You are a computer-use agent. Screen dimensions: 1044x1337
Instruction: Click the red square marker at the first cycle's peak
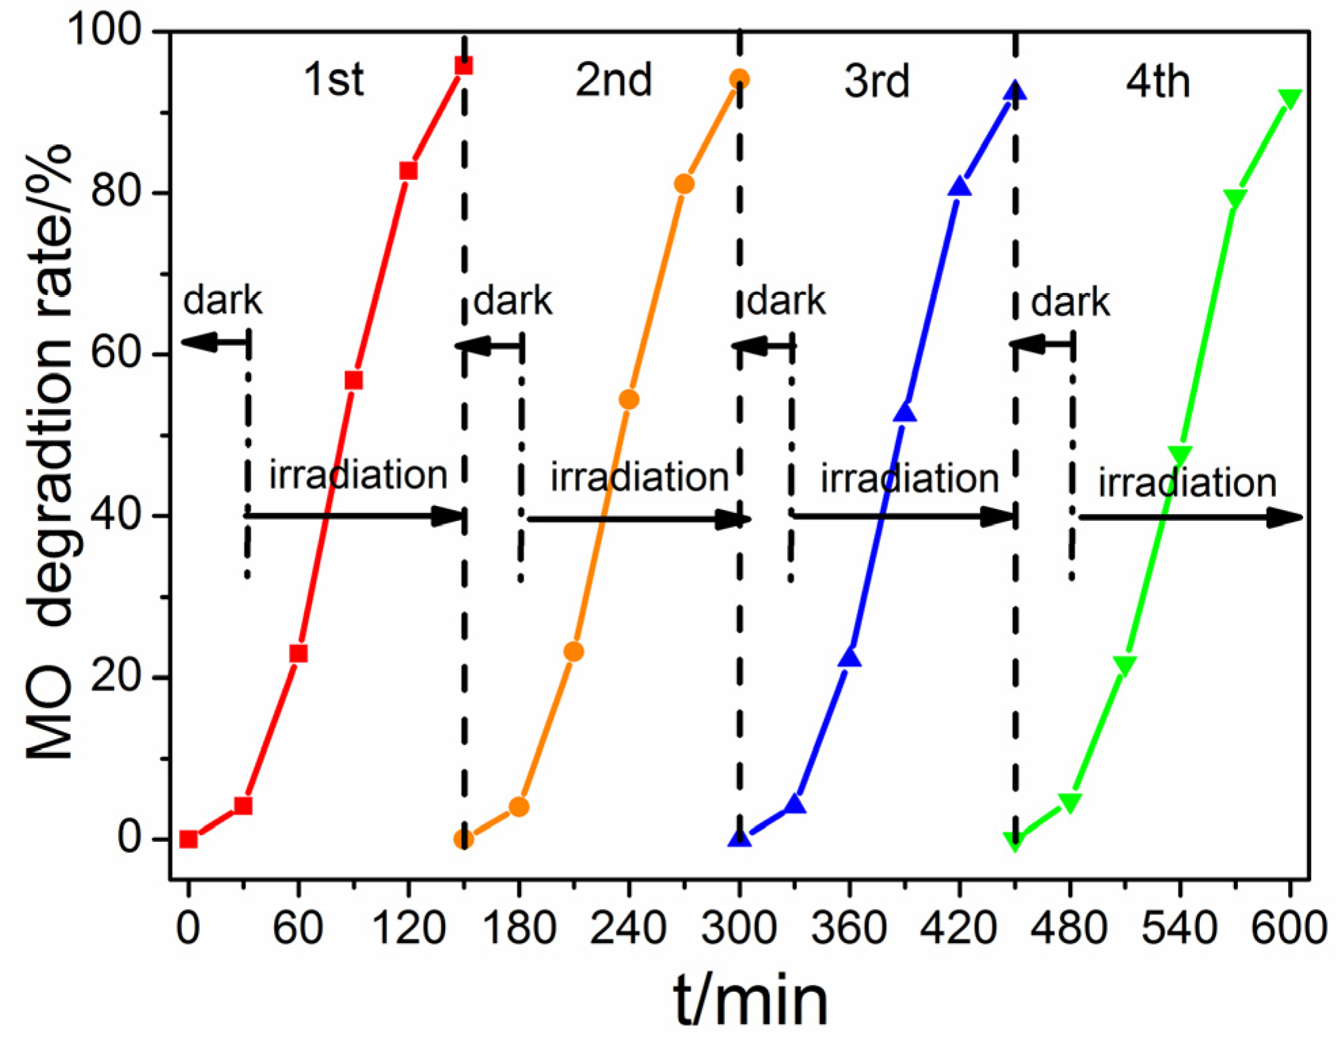pos(463,66)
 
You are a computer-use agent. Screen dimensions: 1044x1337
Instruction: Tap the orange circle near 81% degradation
pos(684,184)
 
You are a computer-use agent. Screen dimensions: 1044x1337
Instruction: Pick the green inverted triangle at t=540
pos(1180,455)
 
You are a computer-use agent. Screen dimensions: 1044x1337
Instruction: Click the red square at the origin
pos(189,839)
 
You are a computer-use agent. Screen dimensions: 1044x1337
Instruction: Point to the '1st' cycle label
pos(333,79)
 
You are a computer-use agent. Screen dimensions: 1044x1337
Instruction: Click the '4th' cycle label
pos(1157,81)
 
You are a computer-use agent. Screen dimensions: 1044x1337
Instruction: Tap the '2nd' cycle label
pos(613,80)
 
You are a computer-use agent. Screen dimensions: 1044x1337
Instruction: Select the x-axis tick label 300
pos(739,928)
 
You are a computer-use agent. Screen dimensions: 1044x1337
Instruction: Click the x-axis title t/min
pos(750,1001)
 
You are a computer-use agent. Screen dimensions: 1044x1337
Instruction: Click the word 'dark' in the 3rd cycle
pos(786,301)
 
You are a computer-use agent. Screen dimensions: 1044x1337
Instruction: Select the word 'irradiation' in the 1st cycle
pos(358,474)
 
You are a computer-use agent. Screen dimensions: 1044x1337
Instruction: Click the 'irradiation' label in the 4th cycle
pos(1187,482)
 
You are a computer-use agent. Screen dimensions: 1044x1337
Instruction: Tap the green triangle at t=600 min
pos(1290,99)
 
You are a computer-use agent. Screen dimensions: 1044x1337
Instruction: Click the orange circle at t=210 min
pos(573,652)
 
